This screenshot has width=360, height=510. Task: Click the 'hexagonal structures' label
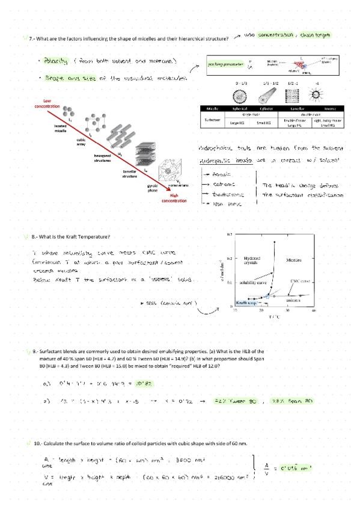(102, 158)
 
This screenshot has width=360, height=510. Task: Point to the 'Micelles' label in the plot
(294, 261)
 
